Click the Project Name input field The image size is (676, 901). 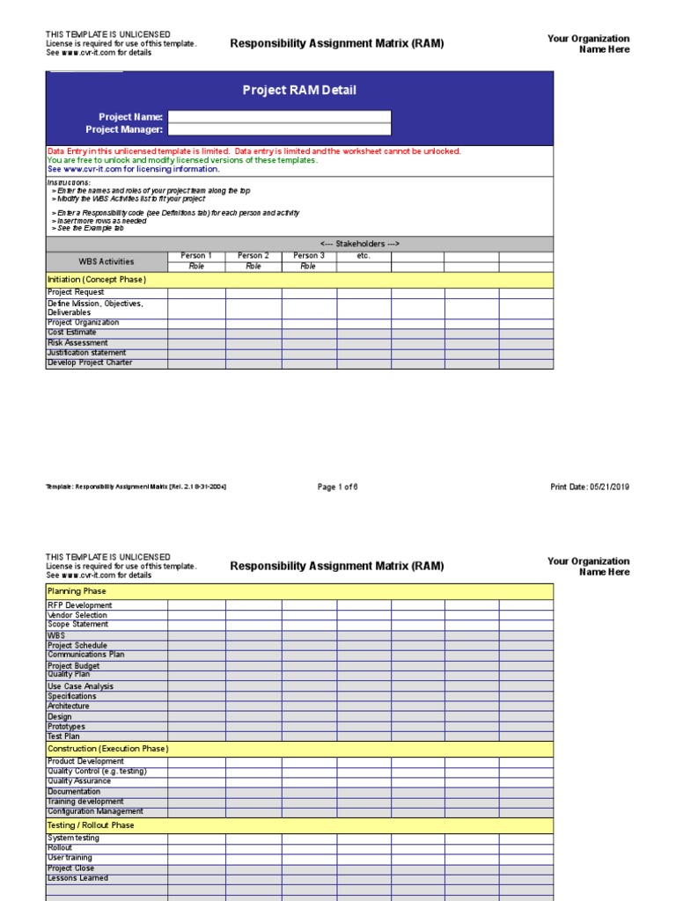279,117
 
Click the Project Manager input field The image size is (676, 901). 279,130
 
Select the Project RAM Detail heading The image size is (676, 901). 299,91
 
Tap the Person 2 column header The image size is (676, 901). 253,256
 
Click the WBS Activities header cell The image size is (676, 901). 107,261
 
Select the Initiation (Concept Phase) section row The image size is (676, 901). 97,280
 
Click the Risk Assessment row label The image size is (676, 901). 77,343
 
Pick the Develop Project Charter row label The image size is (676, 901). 90,363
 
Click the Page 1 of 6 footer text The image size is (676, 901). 338,487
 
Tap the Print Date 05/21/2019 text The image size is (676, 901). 590,487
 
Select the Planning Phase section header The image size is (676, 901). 77,592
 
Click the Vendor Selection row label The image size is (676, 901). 77,615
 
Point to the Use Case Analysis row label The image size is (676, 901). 80,686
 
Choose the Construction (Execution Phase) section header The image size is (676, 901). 107,749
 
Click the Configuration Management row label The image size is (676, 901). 95,811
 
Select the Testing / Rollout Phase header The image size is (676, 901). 91,826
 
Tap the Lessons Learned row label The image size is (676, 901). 77,878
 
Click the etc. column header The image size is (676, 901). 364,256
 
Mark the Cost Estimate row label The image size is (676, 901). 72,333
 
